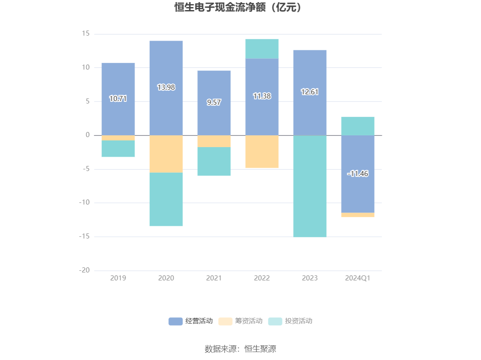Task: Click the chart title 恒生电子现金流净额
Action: [x=238, y=8]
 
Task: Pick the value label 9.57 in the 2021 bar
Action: [x=214, y=102]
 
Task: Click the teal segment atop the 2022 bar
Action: [x=262, y=49]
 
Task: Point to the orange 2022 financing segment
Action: [x=262, y=151]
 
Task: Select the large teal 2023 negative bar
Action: [x=310, y=186]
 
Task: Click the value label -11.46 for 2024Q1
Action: [x=358, y=174]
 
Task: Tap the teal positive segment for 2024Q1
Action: [x=358, y=126]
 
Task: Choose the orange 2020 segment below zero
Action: [x=166, y=154]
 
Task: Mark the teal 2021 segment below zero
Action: [x=214, y=161]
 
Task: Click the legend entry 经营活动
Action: [x=191, y=321]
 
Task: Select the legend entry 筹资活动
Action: [x=240, y=321]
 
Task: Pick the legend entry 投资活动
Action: [x=290, y=321]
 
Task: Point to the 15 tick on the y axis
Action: [x=85, y=34]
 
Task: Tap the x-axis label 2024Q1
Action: [x=358, y=278]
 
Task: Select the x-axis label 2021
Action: [x=214, y=278]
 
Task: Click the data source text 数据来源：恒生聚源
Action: [x=240, y=349]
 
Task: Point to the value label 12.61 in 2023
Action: [x=310, y=92]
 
